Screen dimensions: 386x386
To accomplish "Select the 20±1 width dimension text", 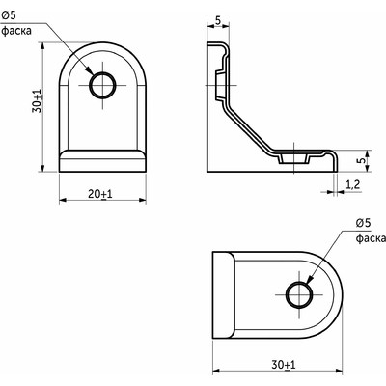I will coord(100,194).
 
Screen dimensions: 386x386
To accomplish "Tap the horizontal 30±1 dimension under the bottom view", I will coord(281,364).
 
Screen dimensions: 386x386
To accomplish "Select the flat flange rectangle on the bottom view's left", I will coord(223,295).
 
